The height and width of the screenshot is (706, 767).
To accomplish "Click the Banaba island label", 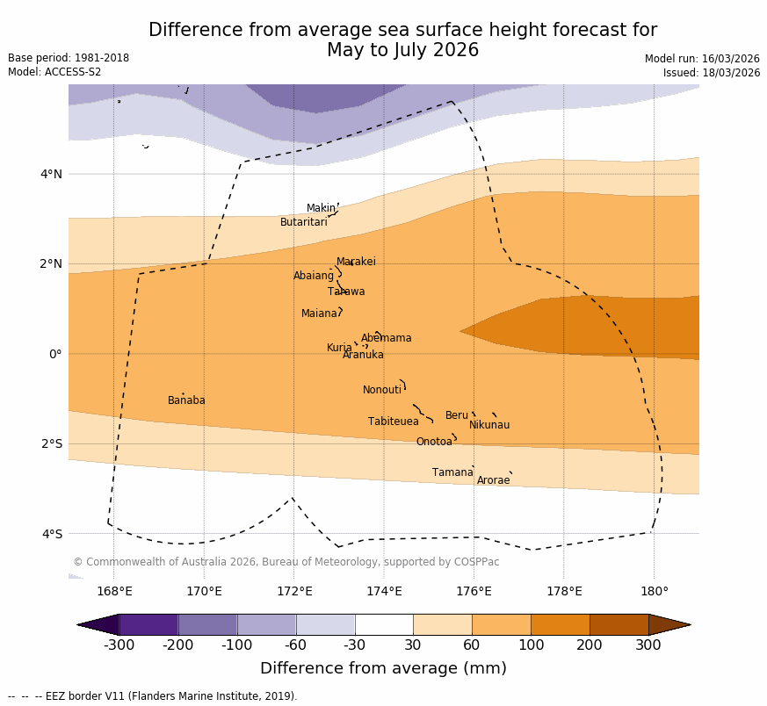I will (186, 400).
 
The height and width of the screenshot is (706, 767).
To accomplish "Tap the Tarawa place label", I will (346, 292).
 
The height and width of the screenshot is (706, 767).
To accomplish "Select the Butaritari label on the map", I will (304, 222).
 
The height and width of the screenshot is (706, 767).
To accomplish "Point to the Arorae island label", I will (493, 480).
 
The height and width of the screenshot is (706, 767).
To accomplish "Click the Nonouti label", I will (382, 390).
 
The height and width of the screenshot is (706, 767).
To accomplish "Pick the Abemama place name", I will (387, 338).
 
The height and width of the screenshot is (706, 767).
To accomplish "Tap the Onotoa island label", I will (434, 442).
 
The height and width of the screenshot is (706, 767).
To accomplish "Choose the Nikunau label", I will (489, 425).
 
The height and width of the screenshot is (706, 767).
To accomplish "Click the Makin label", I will (321, 208).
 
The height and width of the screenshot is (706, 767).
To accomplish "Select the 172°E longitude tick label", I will (294, 591).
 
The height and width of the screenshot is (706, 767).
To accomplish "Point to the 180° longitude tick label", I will (655, 591).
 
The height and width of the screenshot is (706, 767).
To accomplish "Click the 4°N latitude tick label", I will (52, 174).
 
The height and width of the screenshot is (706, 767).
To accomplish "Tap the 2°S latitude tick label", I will (52, 443).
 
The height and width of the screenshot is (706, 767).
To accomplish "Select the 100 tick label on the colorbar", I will (531, 645).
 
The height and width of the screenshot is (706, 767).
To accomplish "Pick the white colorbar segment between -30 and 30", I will (384, 624).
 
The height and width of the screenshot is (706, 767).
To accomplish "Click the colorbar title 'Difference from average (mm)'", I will (383, 668).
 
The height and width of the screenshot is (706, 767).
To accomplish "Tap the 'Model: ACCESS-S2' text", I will (54, 72).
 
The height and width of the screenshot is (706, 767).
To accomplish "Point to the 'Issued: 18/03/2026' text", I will (712, 73).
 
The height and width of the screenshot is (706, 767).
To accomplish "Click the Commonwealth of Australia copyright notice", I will (286, 562).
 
